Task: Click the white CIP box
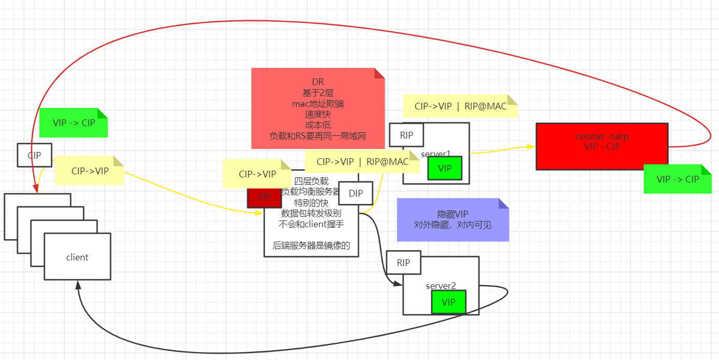coord(34,155)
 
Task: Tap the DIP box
coord(356,193)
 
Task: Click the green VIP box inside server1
coord(445,168)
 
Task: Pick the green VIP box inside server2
coord(448,302)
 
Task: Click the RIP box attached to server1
coord(406,135)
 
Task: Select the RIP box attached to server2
coord(403,262)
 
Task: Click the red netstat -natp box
coord(602,146)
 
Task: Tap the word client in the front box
coord(77,257)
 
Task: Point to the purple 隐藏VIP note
coord(453,219)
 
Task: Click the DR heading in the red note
coord(318,82)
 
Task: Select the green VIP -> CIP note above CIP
coord(74,123)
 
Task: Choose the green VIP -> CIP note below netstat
coord(678,179)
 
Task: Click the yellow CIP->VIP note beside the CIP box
coord(90,171)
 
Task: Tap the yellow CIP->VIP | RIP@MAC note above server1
coord(460,106)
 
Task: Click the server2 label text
coord(441,286)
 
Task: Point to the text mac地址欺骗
coord(318,104)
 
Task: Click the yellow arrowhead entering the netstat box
coord(532,147)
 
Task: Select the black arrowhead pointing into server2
coord(399,284)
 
